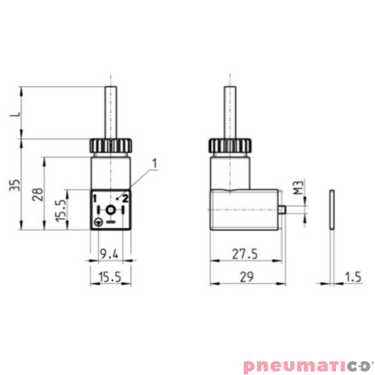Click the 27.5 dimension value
[245, 254]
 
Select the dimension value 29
[246, 276]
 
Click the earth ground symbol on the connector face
[99, 222]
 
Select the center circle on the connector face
[110, 210]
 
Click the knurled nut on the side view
[229, 147]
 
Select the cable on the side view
[229, 111]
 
